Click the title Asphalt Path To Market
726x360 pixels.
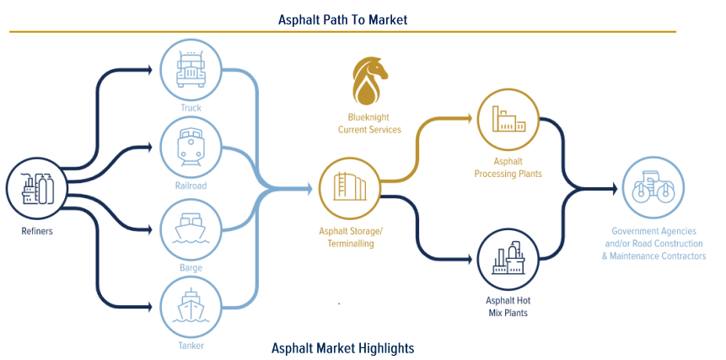click(x=342, y=19)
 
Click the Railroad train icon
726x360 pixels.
click(x=191, y=146)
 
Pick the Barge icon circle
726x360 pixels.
click(x=191, y=228)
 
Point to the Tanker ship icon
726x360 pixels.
click(x=191, y=305)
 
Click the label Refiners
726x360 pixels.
click(x=38, y=232)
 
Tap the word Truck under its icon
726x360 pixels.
click(x=191, y=107)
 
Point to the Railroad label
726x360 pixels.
click(x=191, y=185)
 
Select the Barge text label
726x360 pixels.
click(x=191, y=267)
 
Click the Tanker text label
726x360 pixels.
click(x=191, y=345)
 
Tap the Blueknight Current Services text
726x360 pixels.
click(x=369, y=124)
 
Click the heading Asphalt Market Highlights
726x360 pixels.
click(x=342, y=347)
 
